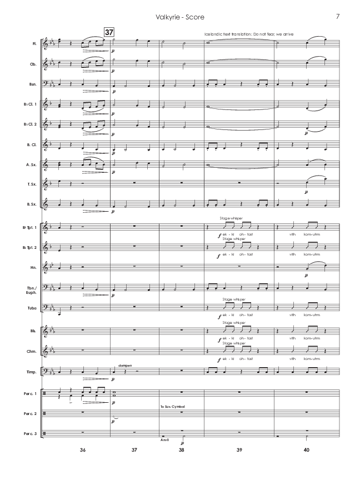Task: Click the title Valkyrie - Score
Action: pyautogui.click(x=180, y=16)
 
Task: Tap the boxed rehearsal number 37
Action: pyautogui.click(x=109, y=32)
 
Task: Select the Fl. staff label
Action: pyautogui.click(x=34, y=43)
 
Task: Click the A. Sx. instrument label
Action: pyautogui.click(x=33, y=166)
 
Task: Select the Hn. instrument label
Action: pyautogui.click(x=34, y=268)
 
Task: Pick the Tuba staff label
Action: pyautogui.click(x=32, y=308)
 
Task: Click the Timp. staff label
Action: pyautogui.click(x=33, y=370)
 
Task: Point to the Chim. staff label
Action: pyautogui.click(x=33, y=349)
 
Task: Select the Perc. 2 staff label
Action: pyautogui.click(x=32, y=414)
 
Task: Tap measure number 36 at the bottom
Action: pyautogui.click(x=83, y=449)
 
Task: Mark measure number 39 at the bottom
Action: pyautogui.click(x=239, y=449)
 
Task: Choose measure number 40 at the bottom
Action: pyautogui.click(x=306, y=449)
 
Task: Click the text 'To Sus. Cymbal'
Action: pyautogui.click(x=171, y=407)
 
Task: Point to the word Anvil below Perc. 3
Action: pyautogui.click(x=164, y=438)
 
